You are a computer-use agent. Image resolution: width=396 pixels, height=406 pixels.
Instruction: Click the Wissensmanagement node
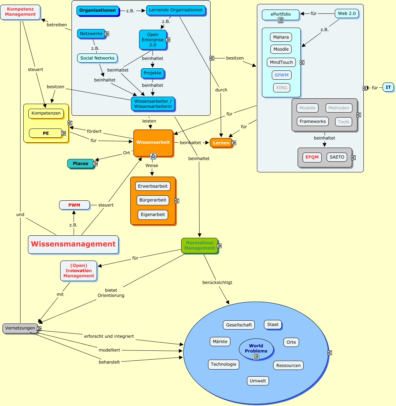(x=73, y=244)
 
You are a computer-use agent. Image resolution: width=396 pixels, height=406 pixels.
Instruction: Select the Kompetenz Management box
(x=20, y=12)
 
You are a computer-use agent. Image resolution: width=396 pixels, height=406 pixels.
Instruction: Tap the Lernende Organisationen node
(x=176, y=10)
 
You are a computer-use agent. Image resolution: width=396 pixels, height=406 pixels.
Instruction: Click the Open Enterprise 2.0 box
(x=153, y=40)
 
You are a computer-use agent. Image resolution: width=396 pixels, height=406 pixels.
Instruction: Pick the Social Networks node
(x=97, y=58)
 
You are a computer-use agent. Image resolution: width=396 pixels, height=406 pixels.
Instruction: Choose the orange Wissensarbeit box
(x=153, y=143)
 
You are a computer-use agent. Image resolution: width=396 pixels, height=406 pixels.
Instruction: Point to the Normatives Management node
(x=200, y=246)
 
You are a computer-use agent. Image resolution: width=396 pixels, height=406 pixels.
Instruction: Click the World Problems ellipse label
(x=256, y=349)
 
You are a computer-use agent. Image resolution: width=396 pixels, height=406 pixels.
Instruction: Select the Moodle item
(x=281, y=49)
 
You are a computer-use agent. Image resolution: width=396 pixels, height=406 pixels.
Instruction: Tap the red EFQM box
(x=312, y=157)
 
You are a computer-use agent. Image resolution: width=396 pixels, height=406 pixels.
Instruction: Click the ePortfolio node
(x=281, y=15)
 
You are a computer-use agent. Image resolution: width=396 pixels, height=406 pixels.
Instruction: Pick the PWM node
(x=74, y=205)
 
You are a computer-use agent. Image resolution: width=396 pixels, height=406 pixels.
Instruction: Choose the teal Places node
(x=80, y=164)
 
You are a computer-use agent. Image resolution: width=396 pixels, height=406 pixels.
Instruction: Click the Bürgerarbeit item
(x=153, y=200)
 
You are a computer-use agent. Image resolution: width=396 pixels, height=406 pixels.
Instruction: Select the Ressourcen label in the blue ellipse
(x=288, y=366)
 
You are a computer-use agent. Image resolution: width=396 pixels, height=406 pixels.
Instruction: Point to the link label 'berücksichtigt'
(x=217, y=282)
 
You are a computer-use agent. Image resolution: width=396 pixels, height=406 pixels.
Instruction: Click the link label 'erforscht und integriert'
(x=109, y=336)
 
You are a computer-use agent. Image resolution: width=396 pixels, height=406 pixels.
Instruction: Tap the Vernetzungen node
(x=20, y=328)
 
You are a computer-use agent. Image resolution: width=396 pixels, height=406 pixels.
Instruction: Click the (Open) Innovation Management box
(x=79, y=271)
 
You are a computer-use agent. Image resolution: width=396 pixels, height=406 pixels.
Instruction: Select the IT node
(x=388, y=87)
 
